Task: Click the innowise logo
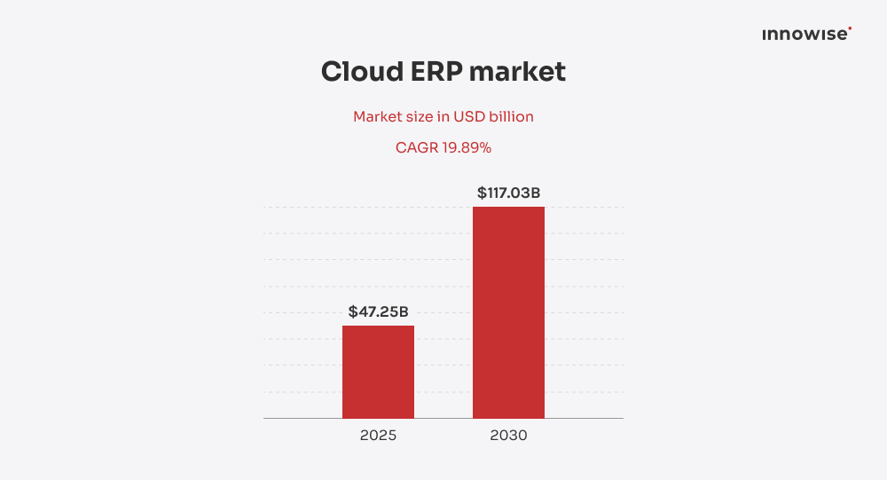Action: pyautogui.click(x=805, y=35)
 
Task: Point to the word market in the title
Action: pyautogui.click(x=517, y=72)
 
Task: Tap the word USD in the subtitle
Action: pyautogui.click(x=470, y=117)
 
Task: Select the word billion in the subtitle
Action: pyautogui.click(x=512, y=117)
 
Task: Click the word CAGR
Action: pyautogui.click(x=417, y=148)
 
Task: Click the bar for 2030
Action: pyautogui.click(x=508, y=312)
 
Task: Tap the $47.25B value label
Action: pyautogui.click(x=378, y=311)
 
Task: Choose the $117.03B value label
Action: pyautogui.click(x=508, y=193)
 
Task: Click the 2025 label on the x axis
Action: pyautogui.click(x=378, y=436)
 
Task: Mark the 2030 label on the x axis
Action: pyautogui.click(x=508, y=436)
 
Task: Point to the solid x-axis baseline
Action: pyautogui.click(x=302, y=418)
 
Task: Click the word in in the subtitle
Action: pyautogui.click(x=445, y=117)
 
